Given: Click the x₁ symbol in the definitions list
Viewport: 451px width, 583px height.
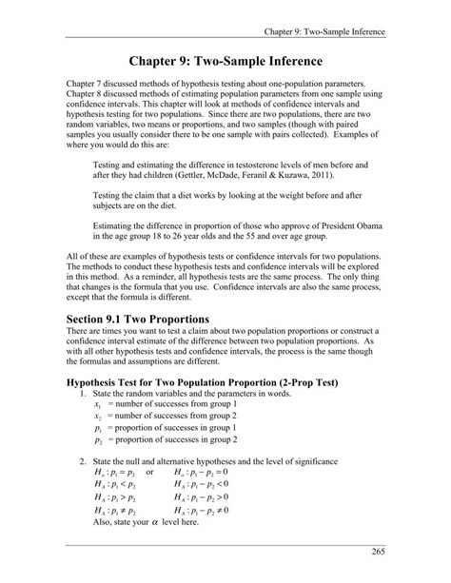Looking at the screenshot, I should pyautogui.click(x=98, y=406).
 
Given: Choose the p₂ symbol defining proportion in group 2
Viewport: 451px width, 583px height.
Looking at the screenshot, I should pyautogui.click(x=98, y=440).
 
